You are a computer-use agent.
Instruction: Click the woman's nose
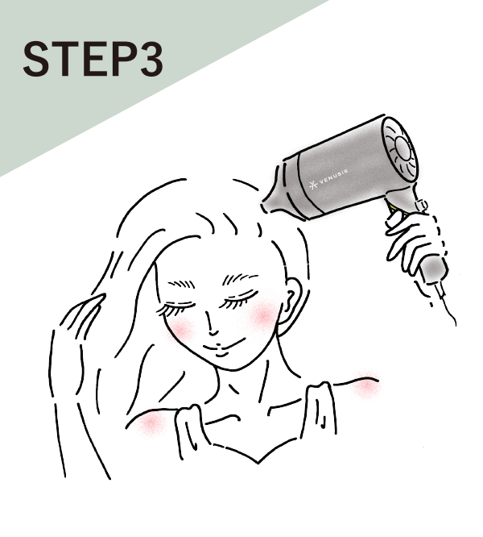(211, 327)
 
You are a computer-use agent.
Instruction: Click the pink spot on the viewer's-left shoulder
(151, 423)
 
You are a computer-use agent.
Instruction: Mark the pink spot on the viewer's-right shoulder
(367, 385)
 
